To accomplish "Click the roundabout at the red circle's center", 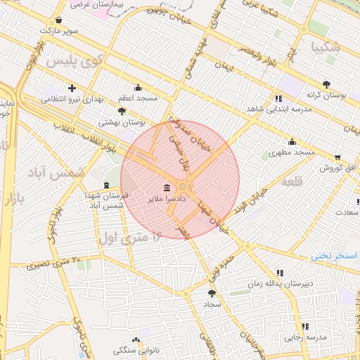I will (182, 186).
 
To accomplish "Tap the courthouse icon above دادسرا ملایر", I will (167, 188).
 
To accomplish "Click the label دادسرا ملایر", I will (165, 200).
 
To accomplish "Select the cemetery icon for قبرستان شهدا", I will (106, 185).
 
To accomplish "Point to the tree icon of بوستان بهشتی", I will (122, 111).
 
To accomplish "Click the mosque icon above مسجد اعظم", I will (137, 88).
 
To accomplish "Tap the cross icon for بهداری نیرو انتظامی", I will (72, 88).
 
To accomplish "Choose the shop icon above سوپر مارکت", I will (57, 20).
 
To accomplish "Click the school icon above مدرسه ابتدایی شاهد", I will (279, 98).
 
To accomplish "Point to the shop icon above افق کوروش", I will (338, 157).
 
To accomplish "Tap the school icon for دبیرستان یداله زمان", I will (280, 273).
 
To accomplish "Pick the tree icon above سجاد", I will (212, 293).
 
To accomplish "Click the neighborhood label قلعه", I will (291, 181).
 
